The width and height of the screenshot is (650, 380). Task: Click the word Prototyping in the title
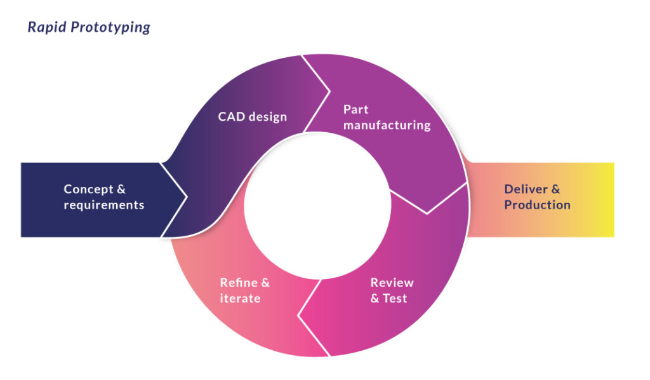[110, 28]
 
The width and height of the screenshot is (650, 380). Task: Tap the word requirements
[104, 205]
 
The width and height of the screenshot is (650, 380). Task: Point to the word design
[268, 117]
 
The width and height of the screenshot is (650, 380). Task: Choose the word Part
[357, 109]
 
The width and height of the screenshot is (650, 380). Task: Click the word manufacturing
[387, 125]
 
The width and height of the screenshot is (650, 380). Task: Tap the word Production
[537, 205]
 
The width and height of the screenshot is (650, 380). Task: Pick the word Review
[392, 283]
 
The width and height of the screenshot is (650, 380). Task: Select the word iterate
[240, 299]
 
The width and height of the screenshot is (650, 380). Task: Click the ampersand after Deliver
[555, 189]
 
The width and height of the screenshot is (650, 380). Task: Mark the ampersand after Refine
[265, 283]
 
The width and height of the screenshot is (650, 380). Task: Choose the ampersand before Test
[375, 299]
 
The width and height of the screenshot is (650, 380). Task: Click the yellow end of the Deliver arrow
[603, 200]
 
